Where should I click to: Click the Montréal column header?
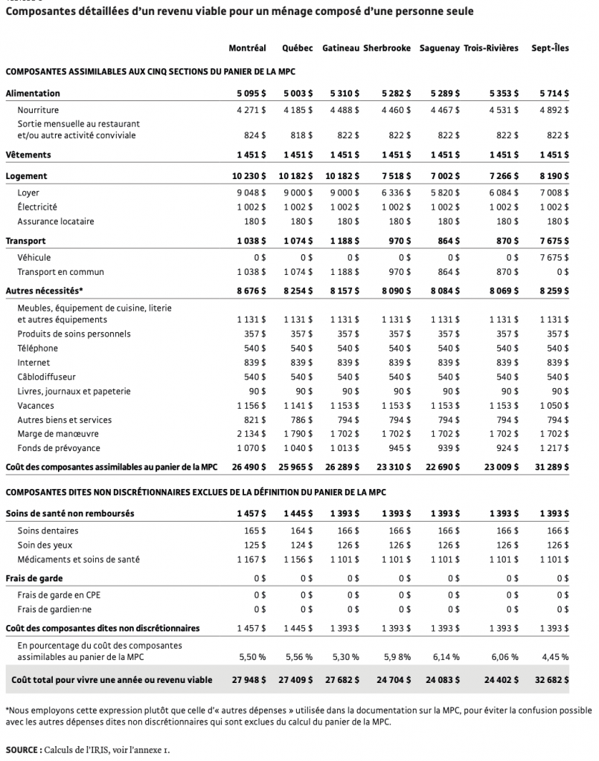point(247,48)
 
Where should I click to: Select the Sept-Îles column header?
point(550,48)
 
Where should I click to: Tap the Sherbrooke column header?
point(386,48)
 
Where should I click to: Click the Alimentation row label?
point(33,94)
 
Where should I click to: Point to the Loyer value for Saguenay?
point(441,192)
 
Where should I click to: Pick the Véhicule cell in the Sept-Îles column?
point(554,257)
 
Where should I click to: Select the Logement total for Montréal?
point(247,177)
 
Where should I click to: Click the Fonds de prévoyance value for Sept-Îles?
point(554,448)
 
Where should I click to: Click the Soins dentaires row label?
point(48,531)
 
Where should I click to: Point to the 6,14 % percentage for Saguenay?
point(444,657)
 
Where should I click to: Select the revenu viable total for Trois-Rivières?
point(494,680)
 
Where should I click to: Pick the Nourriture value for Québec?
point(298,110)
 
